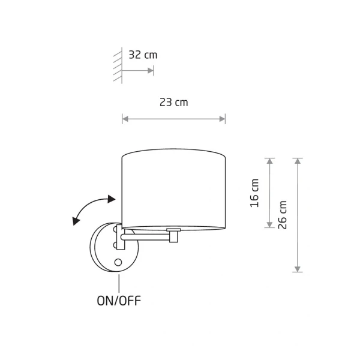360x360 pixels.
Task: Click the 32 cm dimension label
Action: pos(143,55)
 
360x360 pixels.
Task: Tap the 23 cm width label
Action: pos(174,103)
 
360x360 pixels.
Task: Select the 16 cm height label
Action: pos(254,193)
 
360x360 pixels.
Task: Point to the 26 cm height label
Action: pos(283,215)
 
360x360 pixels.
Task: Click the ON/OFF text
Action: pos(119,301)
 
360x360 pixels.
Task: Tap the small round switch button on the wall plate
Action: pos(118,262)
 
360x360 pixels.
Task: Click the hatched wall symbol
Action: pos(118,65)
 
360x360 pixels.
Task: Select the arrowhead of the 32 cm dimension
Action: pos(151,70)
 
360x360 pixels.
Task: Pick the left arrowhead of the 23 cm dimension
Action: pos(125,119)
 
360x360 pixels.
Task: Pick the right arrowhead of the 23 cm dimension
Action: pos(222,119)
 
